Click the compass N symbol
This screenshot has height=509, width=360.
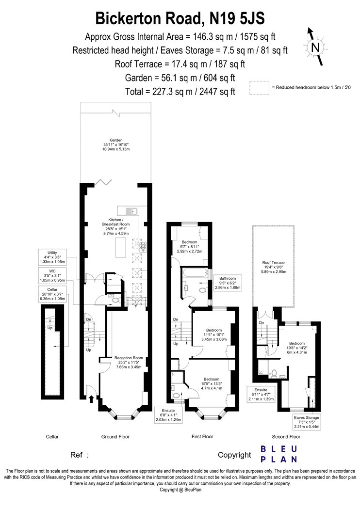(x=315, y=47)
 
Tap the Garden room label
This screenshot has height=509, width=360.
(x=116, y=144)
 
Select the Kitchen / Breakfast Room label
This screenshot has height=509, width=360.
(x=116, y=226)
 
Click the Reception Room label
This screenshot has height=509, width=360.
(x=129, y=362)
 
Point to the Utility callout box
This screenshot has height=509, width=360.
(x=52, y=257)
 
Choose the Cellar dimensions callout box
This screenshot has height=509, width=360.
(x=52, y=294)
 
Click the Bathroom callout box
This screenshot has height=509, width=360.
(x=228, y=283)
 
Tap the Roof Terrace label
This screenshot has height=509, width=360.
(x=274, y=267)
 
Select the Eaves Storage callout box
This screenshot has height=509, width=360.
(x=307, y=422)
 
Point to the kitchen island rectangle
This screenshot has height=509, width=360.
(x=121, y=247)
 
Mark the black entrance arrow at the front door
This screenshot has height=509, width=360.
(x=92, y=398)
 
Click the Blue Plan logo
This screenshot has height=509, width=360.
(x=279, y=454)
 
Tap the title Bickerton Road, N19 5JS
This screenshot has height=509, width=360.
(x=180, y=18)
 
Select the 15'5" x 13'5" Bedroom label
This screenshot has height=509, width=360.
(x=212, y=383)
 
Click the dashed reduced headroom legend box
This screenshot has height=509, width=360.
(x=259, y=88)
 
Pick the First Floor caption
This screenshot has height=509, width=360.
(x=202, y=437)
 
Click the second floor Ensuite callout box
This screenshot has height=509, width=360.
(x=261, y=395)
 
